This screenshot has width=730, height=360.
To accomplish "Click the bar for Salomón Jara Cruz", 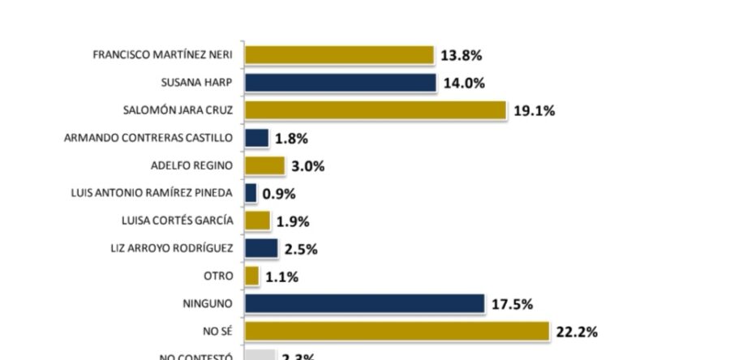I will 375,110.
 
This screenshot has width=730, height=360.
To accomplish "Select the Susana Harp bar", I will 340,83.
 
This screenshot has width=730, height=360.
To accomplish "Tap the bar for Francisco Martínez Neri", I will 339,55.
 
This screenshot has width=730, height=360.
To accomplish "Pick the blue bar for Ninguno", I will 364,303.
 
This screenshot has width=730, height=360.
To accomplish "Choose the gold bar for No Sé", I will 397,331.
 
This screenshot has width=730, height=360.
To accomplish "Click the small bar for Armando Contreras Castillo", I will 256,138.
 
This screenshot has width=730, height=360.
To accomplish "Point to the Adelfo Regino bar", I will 264,165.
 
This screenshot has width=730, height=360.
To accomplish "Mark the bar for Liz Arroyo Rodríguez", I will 261,248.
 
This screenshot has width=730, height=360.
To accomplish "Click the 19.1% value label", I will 534,111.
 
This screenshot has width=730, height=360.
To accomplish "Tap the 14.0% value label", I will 464,84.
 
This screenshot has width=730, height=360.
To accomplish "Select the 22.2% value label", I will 578,332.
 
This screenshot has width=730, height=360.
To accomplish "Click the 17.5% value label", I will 512,304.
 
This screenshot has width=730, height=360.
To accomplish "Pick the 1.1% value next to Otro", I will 282,276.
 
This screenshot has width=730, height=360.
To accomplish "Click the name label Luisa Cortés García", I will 176,221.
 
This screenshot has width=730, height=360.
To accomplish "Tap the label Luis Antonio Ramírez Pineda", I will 152,193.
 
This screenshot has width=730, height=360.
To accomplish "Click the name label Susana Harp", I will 197,83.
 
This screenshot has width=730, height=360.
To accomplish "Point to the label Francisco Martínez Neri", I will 163,55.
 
